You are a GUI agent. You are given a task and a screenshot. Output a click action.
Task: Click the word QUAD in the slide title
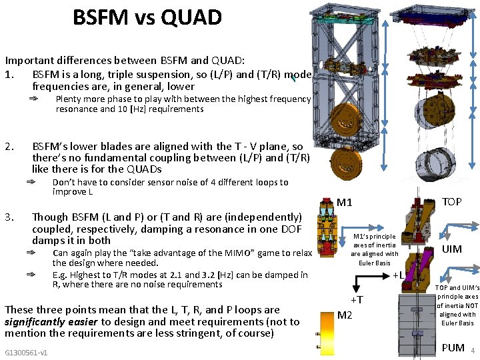[x=193, y=18]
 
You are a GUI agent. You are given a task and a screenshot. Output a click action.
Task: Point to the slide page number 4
[x=472, y=351]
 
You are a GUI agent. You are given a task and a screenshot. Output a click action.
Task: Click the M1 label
[x=344, y=203]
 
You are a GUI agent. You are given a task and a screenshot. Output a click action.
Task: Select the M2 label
[x=344, y=315]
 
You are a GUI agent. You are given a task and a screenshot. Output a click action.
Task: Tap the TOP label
[x=452, y=201]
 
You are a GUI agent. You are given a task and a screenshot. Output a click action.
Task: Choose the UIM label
[x=451, y=249]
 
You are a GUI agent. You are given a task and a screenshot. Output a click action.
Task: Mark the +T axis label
[x=357, y=300]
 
